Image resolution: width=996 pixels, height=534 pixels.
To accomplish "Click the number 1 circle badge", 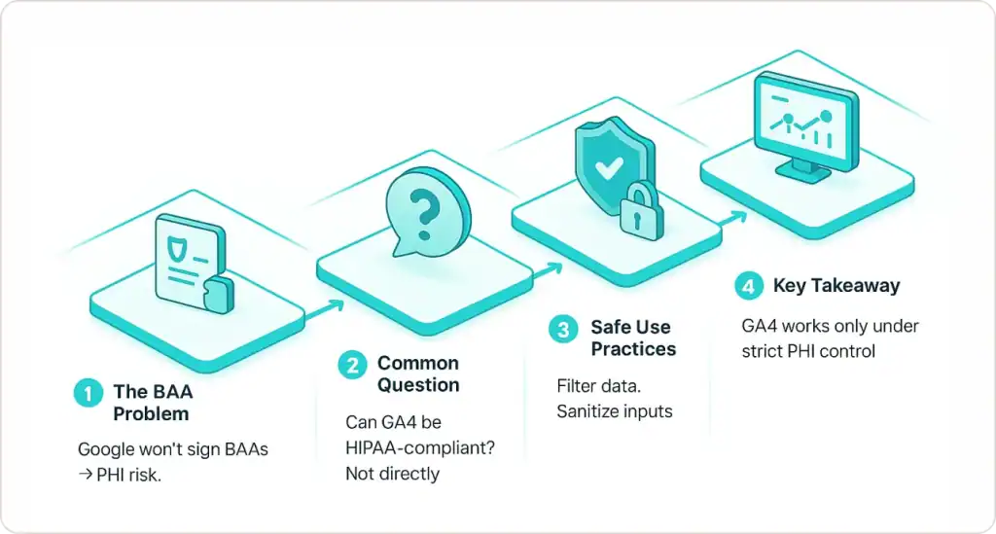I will tap(88, 394).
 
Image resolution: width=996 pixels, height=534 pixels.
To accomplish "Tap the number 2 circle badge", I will tap(351, 365).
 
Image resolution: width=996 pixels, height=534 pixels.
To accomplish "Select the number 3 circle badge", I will tap(562, 329).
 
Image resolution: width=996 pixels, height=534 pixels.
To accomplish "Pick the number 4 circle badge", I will tap(746, 286).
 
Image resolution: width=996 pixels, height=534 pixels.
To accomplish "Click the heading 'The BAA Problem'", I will tap(152, 403).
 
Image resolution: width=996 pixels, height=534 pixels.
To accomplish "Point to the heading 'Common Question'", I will tap(417, 374).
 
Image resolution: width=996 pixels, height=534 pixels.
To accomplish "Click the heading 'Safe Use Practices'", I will tap(632, 338).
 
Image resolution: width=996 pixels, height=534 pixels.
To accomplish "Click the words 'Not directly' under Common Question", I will tap(392, 474).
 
